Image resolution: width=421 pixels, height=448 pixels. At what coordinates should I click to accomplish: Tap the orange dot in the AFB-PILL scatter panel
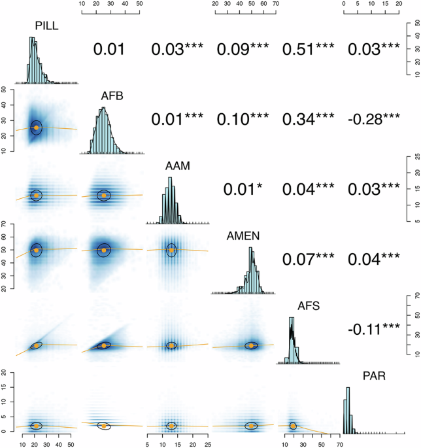click(x=36, y=128)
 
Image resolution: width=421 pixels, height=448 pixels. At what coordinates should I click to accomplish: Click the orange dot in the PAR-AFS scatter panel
click(x=294, y=425)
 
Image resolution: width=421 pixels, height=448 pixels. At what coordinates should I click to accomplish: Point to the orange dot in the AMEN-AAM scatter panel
click(x=171, y=268)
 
